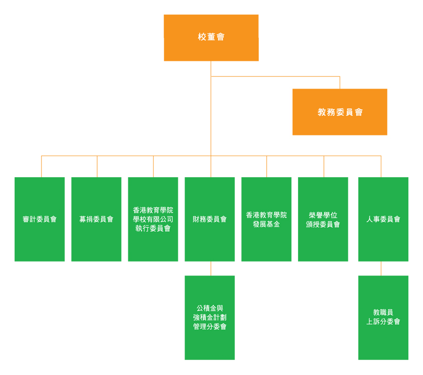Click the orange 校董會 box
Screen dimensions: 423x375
(211, 37)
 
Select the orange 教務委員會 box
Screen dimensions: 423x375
(339, 112)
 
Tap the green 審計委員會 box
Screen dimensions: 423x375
(39, 219)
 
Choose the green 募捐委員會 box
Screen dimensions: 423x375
(96, 219)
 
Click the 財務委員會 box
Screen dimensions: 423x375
(209, 219)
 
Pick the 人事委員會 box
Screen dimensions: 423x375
(383, 219)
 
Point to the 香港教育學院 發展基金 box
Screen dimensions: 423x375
(266, 219)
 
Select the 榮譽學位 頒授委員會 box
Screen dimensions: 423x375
(323, 219)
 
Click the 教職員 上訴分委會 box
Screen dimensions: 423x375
(383, 318)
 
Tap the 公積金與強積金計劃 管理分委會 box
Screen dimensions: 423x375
(209, 318)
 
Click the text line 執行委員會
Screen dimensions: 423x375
(153, 228)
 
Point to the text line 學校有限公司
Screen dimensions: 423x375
(153, 219)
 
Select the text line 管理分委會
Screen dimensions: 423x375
(209, 327)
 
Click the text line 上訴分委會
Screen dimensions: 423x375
(383, 322)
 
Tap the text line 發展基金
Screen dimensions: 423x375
(266, 224)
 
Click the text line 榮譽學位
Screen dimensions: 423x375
(323, 215)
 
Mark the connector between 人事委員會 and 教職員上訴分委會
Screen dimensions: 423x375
(381, 268)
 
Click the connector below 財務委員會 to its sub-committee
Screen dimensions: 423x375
(211, 268)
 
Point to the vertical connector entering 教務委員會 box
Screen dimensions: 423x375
(339, 82)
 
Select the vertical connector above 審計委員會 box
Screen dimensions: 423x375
(41, 166)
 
